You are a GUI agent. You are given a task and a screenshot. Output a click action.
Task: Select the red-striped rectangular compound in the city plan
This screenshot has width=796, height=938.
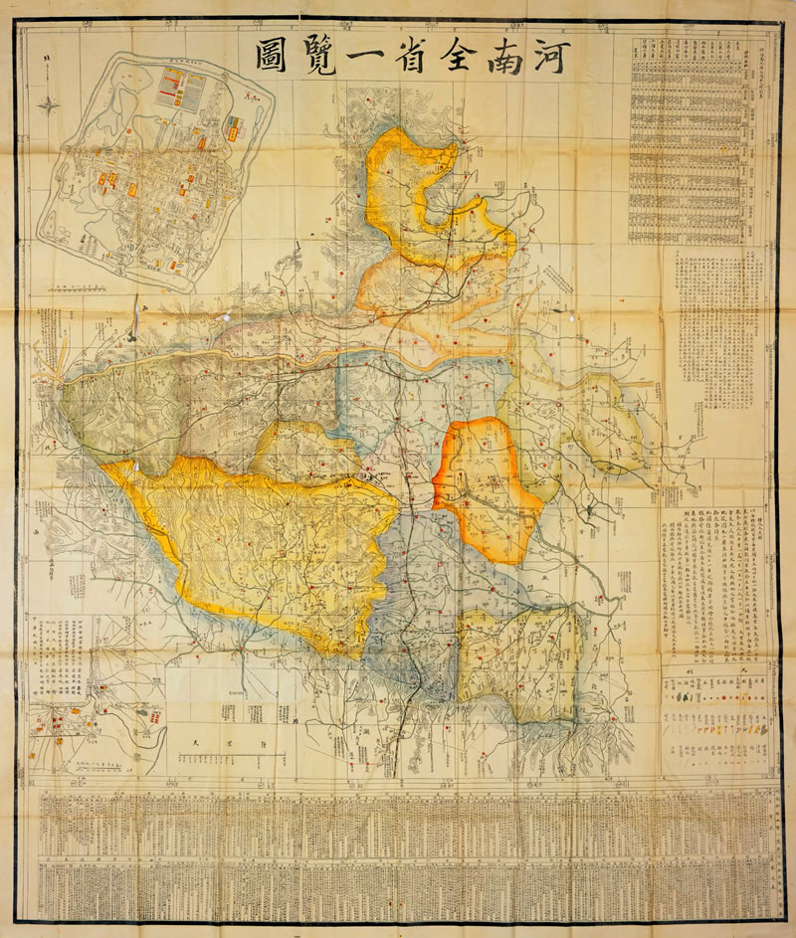[181, 89]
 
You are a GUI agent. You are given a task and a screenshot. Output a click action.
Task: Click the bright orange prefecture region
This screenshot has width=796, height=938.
[483, 487]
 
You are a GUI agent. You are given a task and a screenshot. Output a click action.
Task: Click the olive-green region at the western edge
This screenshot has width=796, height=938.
[119, 408]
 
